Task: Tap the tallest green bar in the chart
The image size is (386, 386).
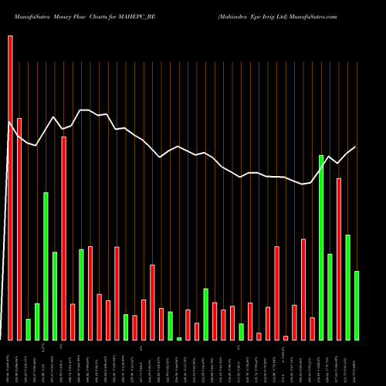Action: tap(321, 247)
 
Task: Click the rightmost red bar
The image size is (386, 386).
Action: tap(339, 259)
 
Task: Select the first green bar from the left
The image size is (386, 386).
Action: tap(29, 329)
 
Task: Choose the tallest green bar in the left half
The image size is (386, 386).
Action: tap(46, 266)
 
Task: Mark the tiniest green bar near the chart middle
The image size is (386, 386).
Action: tap(179, 338)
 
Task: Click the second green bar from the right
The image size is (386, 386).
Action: tap(348, 286)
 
